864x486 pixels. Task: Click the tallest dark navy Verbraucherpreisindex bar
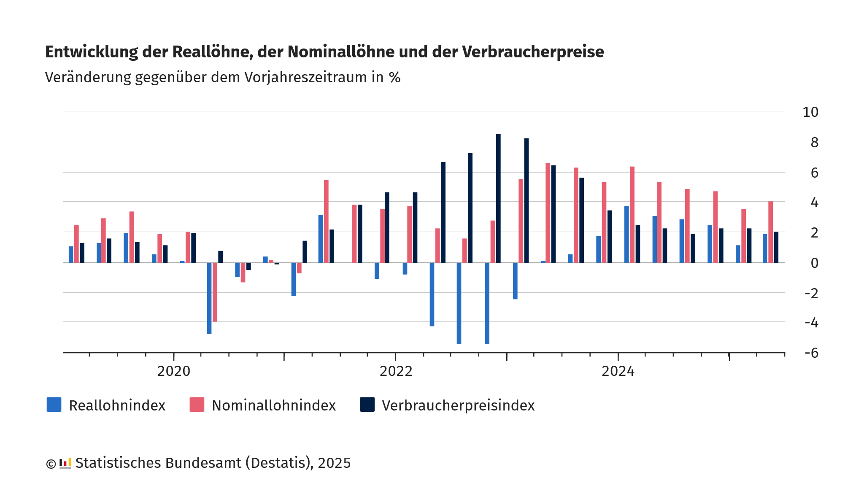pyautogui.click(x=498, y=198)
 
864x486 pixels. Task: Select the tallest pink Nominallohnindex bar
pyautogui.click(x=548, y=213)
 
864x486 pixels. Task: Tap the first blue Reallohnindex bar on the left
pyautogui.click(x=71, y=255)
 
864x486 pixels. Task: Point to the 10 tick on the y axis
pyautogui.click(x=810, y=112)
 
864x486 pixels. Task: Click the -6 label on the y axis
pyautogui.click(x=811, y=353)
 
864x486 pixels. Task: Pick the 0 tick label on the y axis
pyautogui.click(x=814, y=263)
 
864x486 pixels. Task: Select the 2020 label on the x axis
pyautogui.click(x=173, y=371)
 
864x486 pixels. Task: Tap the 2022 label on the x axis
pyautogui.click(x=396, y=371)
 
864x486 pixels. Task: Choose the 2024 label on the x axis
pyautogui.click(x=618, y=371)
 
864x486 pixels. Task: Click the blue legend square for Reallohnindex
pyautogui.click(x=54, y=405)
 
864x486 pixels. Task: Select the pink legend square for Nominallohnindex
pyautogui.click(x=197, y=405)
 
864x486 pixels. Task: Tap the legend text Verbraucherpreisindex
pyautogui.click(x=458, y=405)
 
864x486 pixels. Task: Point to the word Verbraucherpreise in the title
pyautogui.click(x=533, y=52)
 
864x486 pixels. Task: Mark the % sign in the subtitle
pyautogui.click(x=395, y=78)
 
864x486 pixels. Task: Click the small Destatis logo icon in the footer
pyautogui.click(x=65, y=463)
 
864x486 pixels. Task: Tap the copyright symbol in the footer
pyautogui.click(x=51, y=464)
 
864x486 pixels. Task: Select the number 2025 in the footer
pyautogui.click(x=334, y=463)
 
